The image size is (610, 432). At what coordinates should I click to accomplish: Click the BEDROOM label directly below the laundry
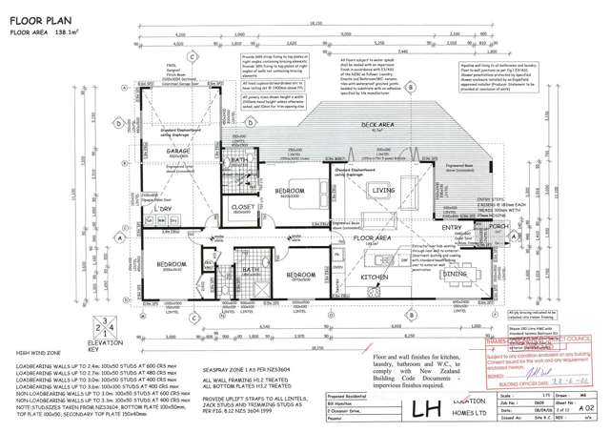click(x=172, y=264)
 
